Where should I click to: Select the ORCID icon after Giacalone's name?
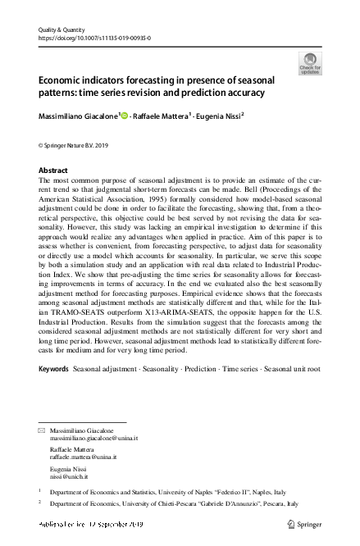125,116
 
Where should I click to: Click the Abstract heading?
53,170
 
